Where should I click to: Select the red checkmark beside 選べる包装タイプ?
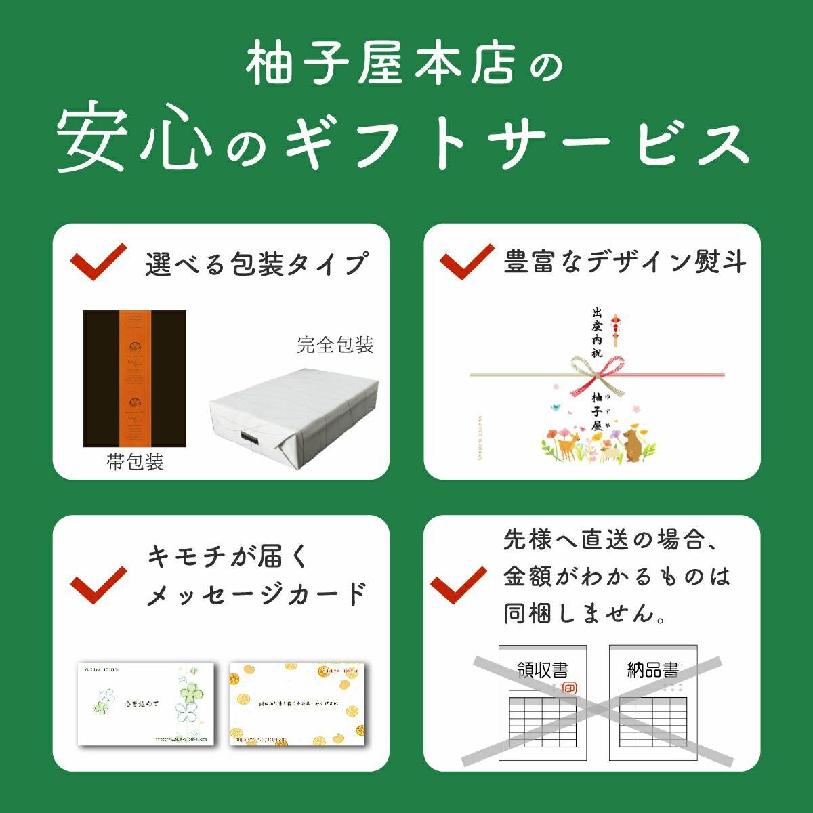[x=98, y=262]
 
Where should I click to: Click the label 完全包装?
[x=335, y=345]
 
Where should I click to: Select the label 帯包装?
[x=135, y=463]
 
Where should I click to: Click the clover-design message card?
[x=146, y=703]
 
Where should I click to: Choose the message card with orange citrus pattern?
[x=297, y=703]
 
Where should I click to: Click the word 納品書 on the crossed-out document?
[x=652, y=670]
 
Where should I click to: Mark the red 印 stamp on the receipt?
[x=569, y=688]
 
